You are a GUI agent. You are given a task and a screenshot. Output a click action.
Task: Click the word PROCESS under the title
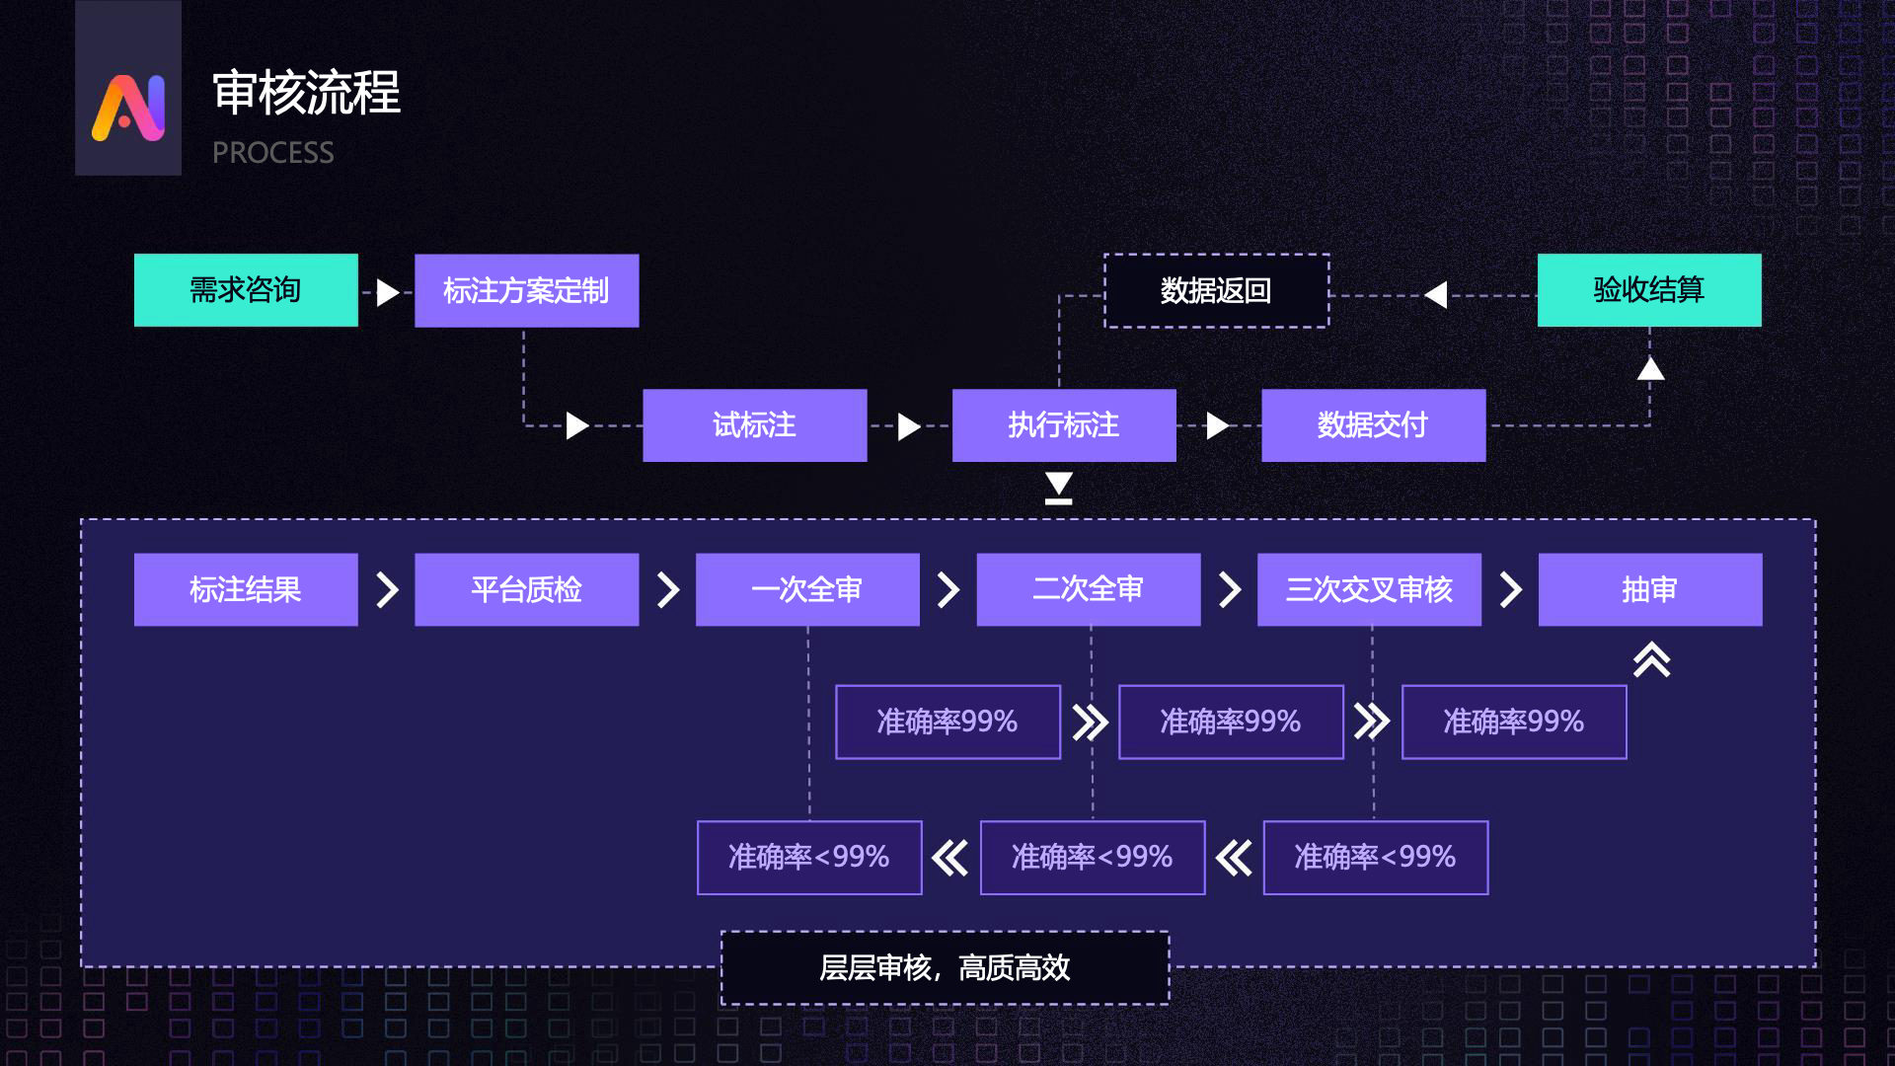[272, 153]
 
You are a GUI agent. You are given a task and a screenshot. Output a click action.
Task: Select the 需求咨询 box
[246, 290]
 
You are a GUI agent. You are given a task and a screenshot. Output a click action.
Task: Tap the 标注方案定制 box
[526, 291]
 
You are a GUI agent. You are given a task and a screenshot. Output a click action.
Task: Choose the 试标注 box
[754, 425]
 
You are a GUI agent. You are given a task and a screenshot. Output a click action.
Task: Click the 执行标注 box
[1064, 425]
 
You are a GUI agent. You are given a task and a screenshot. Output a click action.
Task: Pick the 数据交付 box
[1373, 425]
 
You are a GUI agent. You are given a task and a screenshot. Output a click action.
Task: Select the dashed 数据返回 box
[1216, 291]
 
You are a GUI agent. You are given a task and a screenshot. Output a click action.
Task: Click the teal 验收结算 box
[1648, 290]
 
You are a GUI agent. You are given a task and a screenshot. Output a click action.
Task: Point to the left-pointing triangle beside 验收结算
[1437, 294]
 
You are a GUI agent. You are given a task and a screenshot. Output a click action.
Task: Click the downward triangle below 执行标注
[1059, 487]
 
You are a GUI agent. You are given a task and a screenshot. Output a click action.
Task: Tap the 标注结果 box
[246, 589]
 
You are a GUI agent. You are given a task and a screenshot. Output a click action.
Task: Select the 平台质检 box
[526, 589]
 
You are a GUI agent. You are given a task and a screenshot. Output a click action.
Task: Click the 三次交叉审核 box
[1369, 589]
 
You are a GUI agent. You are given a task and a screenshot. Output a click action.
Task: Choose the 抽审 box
[1649, 589]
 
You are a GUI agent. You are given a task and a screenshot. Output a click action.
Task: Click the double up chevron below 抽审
[1651, 659]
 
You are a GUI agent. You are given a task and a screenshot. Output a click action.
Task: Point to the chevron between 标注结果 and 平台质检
[387, 589]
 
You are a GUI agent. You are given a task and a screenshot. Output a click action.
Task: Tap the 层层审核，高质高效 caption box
[945, 967]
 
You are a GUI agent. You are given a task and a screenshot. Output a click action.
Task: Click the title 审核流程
[306, 93]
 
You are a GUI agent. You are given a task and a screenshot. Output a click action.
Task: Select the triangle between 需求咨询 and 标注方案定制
[388, 292]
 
